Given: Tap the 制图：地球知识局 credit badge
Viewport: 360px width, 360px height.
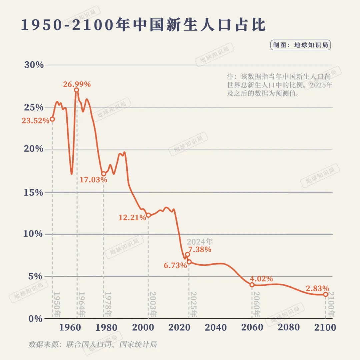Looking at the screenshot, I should point(300,45).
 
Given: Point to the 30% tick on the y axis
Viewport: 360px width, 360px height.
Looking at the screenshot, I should point(34,65).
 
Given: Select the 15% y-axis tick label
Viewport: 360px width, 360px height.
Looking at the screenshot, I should point(34,193).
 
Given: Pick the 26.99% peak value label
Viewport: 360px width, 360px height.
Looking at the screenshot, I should point(77,84).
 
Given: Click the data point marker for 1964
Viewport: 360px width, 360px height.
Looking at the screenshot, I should point(77,90).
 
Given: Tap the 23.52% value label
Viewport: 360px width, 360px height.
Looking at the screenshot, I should point(36,121).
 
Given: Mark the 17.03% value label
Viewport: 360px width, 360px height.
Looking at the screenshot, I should point(93,180).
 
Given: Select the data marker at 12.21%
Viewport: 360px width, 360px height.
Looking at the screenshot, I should point(148,215).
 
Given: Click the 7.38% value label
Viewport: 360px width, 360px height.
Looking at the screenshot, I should point(200,249).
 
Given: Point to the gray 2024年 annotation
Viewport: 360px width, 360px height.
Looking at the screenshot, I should point(200,242).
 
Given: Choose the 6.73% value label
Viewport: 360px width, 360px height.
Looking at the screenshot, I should point(175,266).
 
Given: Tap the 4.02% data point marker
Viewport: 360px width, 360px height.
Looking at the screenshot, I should point(252,285).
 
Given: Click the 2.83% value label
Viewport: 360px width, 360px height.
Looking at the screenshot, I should point(318,288).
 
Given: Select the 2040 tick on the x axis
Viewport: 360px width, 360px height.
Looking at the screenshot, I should point(216,327).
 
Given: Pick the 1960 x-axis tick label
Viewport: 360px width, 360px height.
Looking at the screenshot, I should point(70,327).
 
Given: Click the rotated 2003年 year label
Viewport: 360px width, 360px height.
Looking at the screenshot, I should point(153,304).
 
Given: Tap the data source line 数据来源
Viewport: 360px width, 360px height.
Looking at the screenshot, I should point(92,344).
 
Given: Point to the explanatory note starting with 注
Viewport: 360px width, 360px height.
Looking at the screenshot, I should point(279,85).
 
